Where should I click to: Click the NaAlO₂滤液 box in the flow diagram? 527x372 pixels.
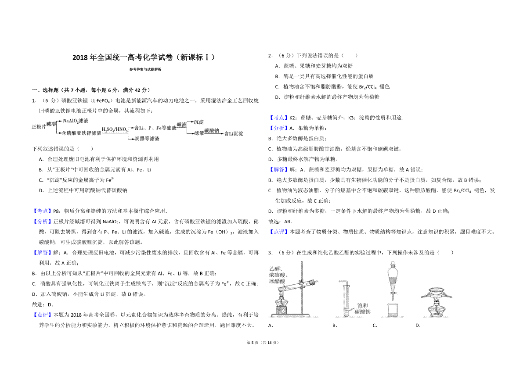click(x=76, y=120)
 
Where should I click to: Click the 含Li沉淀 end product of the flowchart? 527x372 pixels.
click(x=233, y=133)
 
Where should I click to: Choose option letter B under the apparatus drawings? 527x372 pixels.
click(x=335, y=325)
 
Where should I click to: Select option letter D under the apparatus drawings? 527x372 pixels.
click(x=418, y=325)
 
